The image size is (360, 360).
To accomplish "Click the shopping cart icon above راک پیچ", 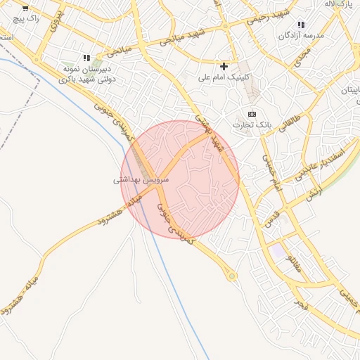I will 25,8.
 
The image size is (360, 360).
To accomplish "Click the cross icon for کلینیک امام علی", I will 224,66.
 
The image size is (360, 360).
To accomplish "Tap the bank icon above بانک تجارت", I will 252,114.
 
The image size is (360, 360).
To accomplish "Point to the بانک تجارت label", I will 252,124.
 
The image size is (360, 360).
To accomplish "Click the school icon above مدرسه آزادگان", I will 301,25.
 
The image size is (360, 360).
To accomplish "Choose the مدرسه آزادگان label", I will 302,35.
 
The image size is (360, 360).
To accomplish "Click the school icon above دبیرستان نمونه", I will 86,58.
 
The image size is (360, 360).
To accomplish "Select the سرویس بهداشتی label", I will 141,181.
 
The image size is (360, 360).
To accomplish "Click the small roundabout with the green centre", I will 231,276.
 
